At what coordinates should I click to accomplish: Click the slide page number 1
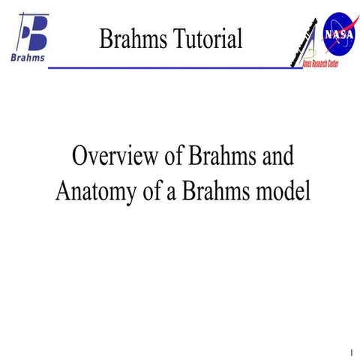point(350,352)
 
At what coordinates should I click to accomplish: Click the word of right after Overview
point(172,157)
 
